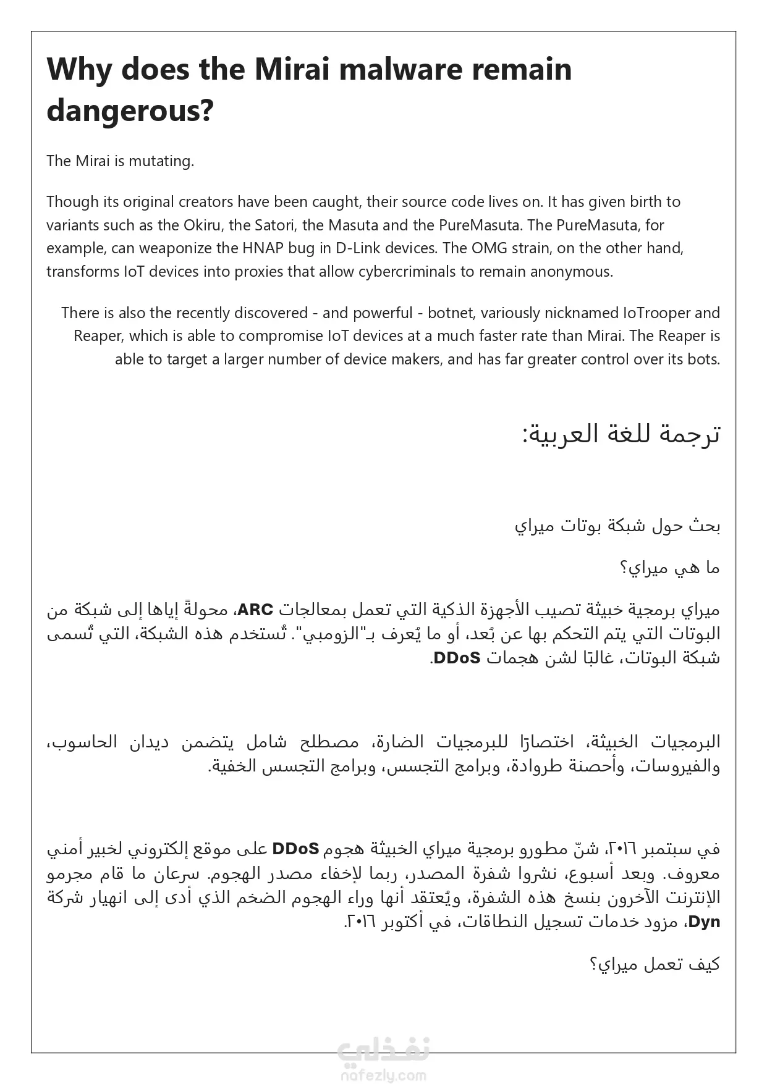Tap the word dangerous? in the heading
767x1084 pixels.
pos(130,111)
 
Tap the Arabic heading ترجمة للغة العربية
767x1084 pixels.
pos(621,434)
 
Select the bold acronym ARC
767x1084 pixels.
pos(255,610)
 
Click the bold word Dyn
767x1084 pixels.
pos(704,922)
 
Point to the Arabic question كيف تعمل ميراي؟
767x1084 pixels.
pos(655,964)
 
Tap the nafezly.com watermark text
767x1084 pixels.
pos(383,1075)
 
